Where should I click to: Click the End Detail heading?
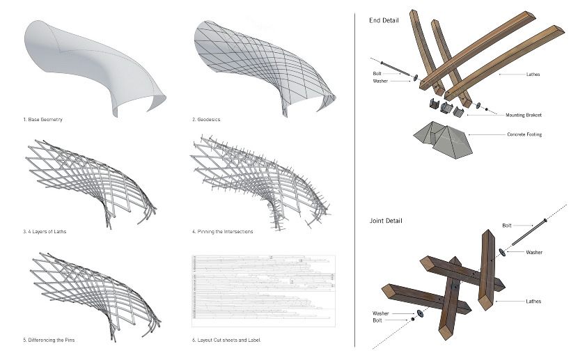384,20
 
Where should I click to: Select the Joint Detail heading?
385,221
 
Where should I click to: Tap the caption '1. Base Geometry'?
43,120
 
